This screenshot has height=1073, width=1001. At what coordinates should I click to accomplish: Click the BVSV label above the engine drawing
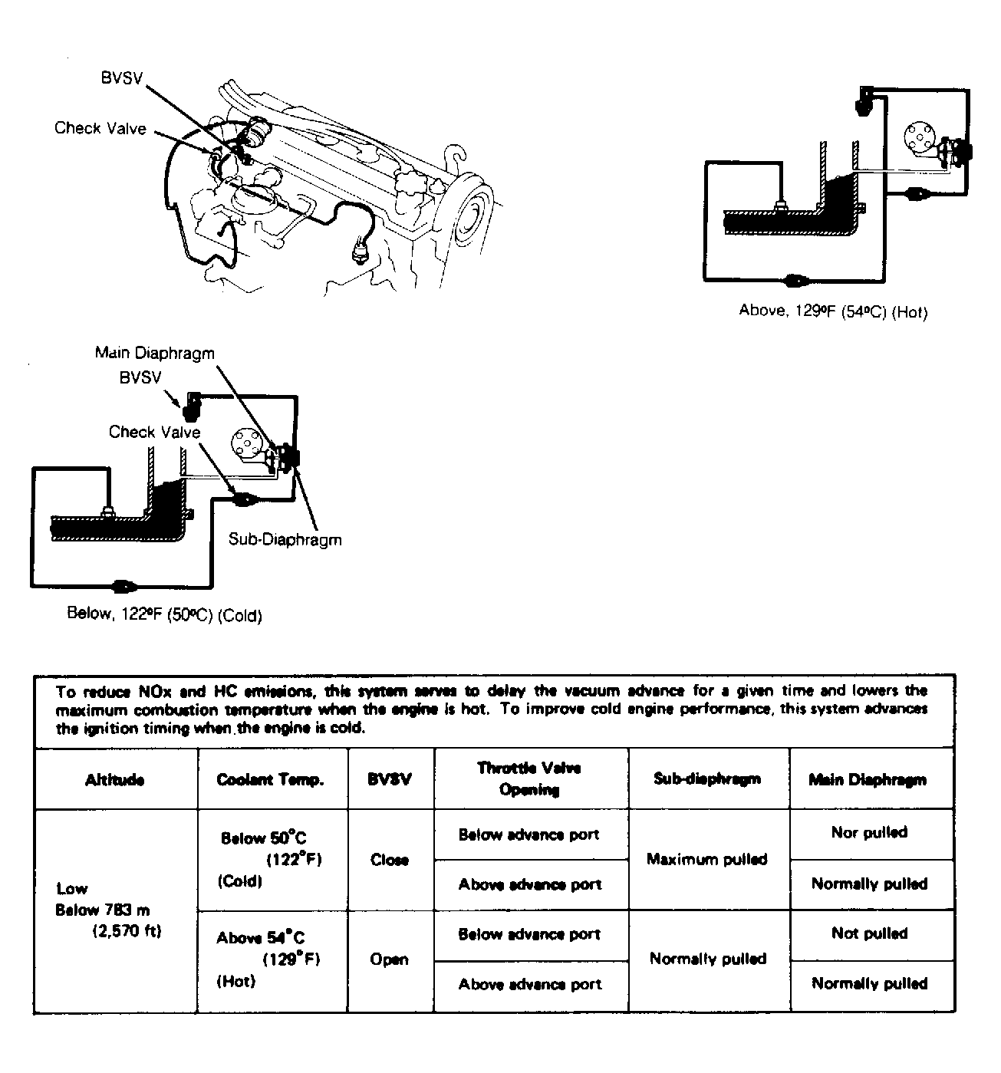tap(122, 79)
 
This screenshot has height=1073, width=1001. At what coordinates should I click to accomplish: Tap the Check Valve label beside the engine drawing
tap(100, 128)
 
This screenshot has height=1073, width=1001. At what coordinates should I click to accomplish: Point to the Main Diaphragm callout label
tap(154, 353)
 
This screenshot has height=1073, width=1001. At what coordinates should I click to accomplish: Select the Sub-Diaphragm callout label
tap(285, 539)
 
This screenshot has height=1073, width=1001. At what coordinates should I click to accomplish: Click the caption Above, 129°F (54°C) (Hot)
tap(832, 311)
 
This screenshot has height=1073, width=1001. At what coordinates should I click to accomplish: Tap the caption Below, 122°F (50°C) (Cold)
tap(165, 614)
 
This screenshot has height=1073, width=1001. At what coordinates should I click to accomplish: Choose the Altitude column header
tap(115, 780)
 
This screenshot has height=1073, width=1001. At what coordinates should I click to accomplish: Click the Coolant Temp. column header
tap(271, 780)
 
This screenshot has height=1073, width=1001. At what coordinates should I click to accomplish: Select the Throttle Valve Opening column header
tap(529, 778)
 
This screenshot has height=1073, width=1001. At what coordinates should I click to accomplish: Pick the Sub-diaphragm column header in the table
tap(707, 779)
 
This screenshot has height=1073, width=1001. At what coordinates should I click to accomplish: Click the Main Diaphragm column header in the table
tap(868, 780)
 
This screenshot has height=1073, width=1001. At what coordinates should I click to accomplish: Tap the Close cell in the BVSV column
tap(390, 860)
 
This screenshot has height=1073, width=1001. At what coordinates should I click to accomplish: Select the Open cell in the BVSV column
tap(389, 959)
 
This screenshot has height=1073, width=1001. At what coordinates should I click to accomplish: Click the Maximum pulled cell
tap(706, 859)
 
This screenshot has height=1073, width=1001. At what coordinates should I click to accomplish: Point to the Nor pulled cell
tap(869, 832)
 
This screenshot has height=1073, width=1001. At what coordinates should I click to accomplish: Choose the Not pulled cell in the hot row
tap(869, 933)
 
